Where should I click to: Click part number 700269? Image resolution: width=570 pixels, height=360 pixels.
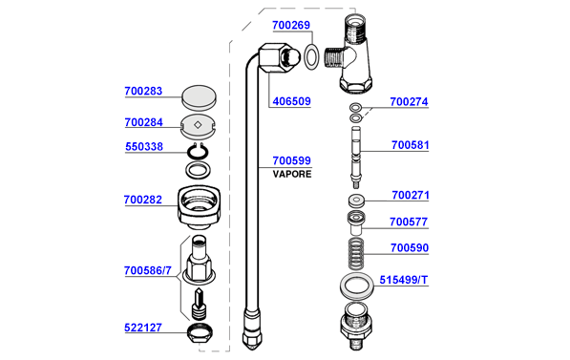pyautogui.click(x=291, y=25)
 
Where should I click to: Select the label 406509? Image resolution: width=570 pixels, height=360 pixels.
pyautogui.click(x=291, y=101)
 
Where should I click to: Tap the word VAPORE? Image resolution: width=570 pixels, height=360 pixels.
pyautogui.click(x=292, y=174)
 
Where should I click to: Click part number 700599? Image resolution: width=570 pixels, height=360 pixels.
pyautogui.click(x=291, y=160)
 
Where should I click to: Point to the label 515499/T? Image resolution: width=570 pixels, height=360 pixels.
pyautogui.click(x=404, y=280)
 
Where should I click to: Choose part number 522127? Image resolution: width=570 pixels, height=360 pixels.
pyautogui.click(x=143, y=328)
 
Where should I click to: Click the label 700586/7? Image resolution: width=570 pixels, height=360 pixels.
pyautogui.click(x=148, y=270)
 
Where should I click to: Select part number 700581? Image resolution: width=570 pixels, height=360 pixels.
pyautogui.click(x=410, y=145)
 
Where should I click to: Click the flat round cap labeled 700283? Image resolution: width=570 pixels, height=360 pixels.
pyautogui.click(x=199, y=97)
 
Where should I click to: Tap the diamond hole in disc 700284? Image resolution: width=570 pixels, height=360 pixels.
pyautogui.click(x=198, y=125)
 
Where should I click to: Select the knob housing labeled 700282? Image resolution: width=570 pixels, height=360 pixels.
pyautogui.click(x=199, y=207)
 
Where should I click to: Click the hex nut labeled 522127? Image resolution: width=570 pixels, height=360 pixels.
pyautogui.click(x=200, y=331)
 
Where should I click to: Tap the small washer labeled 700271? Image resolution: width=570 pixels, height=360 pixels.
pyautogui.click(x=356, y=201)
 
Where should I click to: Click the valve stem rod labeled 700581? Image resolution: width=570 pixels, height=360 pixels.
pyautogui.click(x=356, y=158)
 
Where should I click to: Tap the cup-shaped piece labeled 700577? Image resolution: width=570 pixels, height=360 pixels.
pyautogui.click(x=356, y=222)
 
